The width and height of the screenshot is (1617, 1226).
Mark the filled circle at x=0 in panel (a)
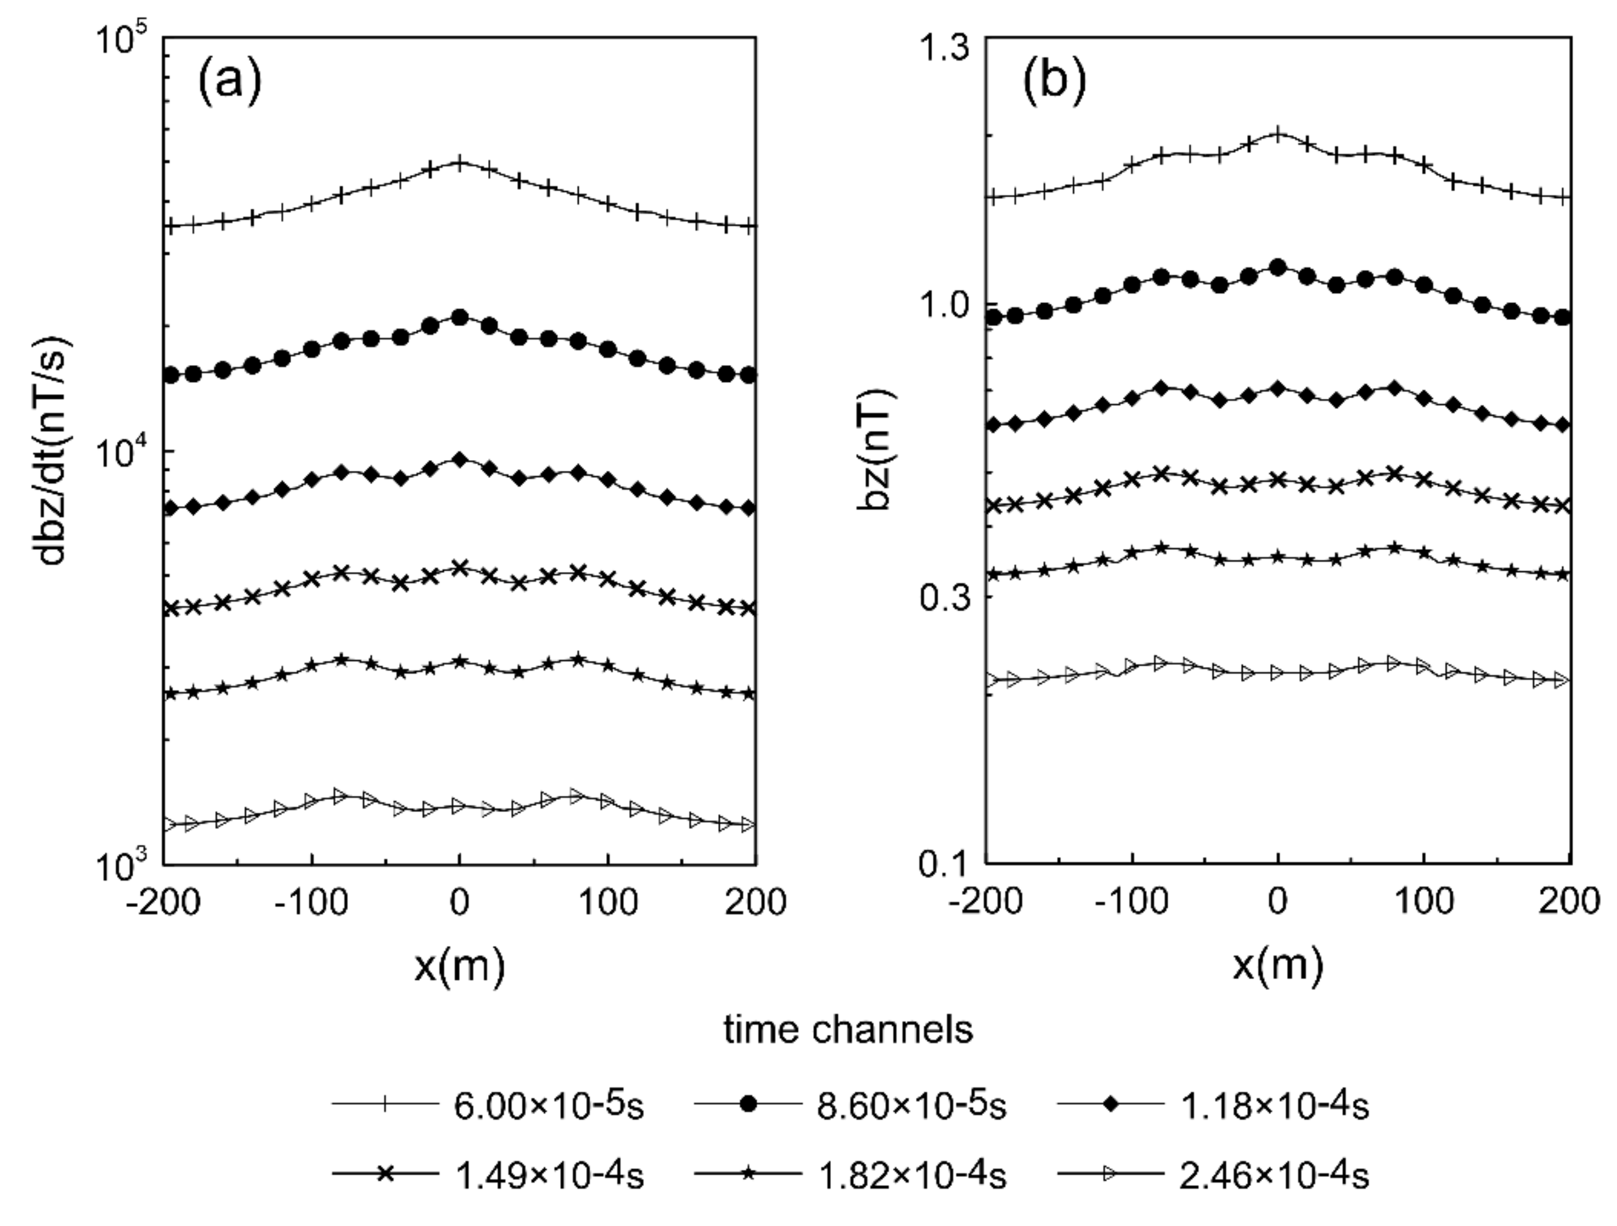pyautogui.click(x=460, y=317)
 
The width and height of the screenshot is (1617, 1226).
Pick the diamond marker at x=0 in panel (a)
pyautogui.click(x=460, y=459)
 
